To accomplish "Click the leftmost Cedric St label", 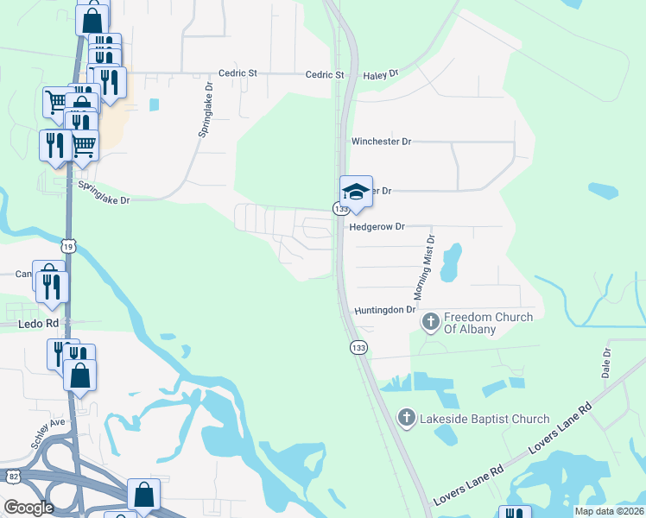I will click(237, 74).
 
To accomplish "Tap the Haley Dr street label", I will click(380, 74).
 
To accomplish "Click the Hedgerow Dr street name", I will click(377, 227).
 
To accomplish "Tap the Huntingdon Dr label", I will click(384, 309).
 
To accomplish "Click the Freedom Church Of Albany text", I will click(489, 323).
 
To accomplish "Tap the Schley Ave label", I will click(47, 433).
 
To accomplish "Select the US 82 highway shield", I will click(13, 477).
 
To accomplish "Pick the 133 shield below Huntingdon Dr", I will click(358, 347).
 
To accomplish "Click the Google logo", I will click(28, 508).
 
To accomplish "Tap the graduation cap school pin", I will click(356, 192).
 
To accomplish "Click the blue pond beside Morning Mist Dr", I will click(450, 262).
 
